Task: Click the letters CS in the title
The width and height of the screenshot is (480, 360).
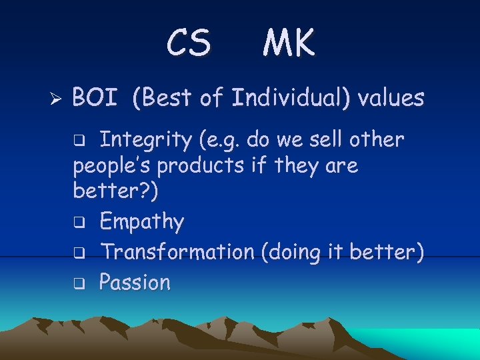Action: point(189,43)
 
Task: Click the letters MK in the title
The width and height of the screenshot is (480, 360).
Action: point(289,43)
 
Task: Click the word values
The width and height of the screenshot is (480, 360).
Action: point(391,98)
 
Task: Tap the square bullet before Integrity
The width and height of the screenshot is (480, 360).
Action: point(78,141)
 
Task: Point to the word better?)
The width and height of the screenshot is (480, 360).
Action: point(116,191)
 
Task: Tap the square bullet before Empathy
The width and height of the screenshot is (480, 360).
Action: point(78,222)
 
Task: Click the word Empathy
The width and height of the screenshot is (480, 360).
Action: point(141,221)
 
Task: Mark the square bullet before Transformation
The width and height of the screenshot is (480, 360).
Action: point(78,253)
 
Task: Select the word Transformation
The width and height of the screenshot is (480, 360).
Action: point(177,252)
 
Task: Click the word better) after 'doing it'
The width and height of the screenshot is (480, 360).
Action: point(391,252)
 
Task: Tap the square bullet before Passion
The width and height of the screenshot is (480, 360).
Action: point(78,283)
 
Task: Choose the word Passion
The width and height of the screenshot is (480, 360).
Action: point(135,283)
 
